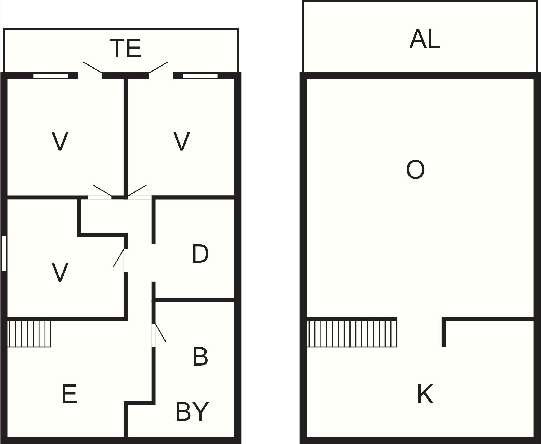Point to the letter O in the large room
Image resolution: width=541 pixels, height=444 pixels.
(415, 170)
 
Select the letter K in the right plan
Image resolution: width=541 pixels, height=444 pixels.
(425, 394)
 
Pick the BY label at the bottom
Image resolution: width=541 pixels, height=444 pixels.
(192, 412)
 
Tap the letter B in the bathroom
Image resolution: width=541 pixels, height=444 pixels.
(200, 356)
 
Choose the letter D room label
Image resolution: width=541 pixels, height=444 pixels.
(200, 254)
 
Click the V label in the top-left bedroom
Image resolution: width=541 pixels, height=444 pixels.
(60, 141)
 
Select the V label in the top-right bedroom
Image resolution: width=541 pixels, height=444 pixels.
(182, 141)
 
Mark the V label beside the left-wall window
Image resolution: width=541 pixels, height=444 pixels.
(60, 272)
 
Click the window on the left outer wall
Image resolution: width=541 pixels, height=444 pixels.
(4, 253)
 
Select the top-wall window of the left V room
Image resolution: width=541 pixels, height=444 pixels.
(51, 76)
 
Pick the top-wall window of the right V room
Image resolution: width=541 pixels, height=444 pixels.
(200, 76)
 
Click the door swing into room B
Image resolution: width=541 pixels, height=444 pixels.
(160, 333)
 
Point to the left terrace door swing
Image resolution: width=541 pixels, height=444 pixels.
(93, 67)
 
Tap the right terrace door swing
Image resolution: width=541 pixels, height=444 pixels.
(158, 67)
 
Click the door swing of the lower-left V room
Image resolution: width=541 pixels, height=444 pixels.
(119, 257)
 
